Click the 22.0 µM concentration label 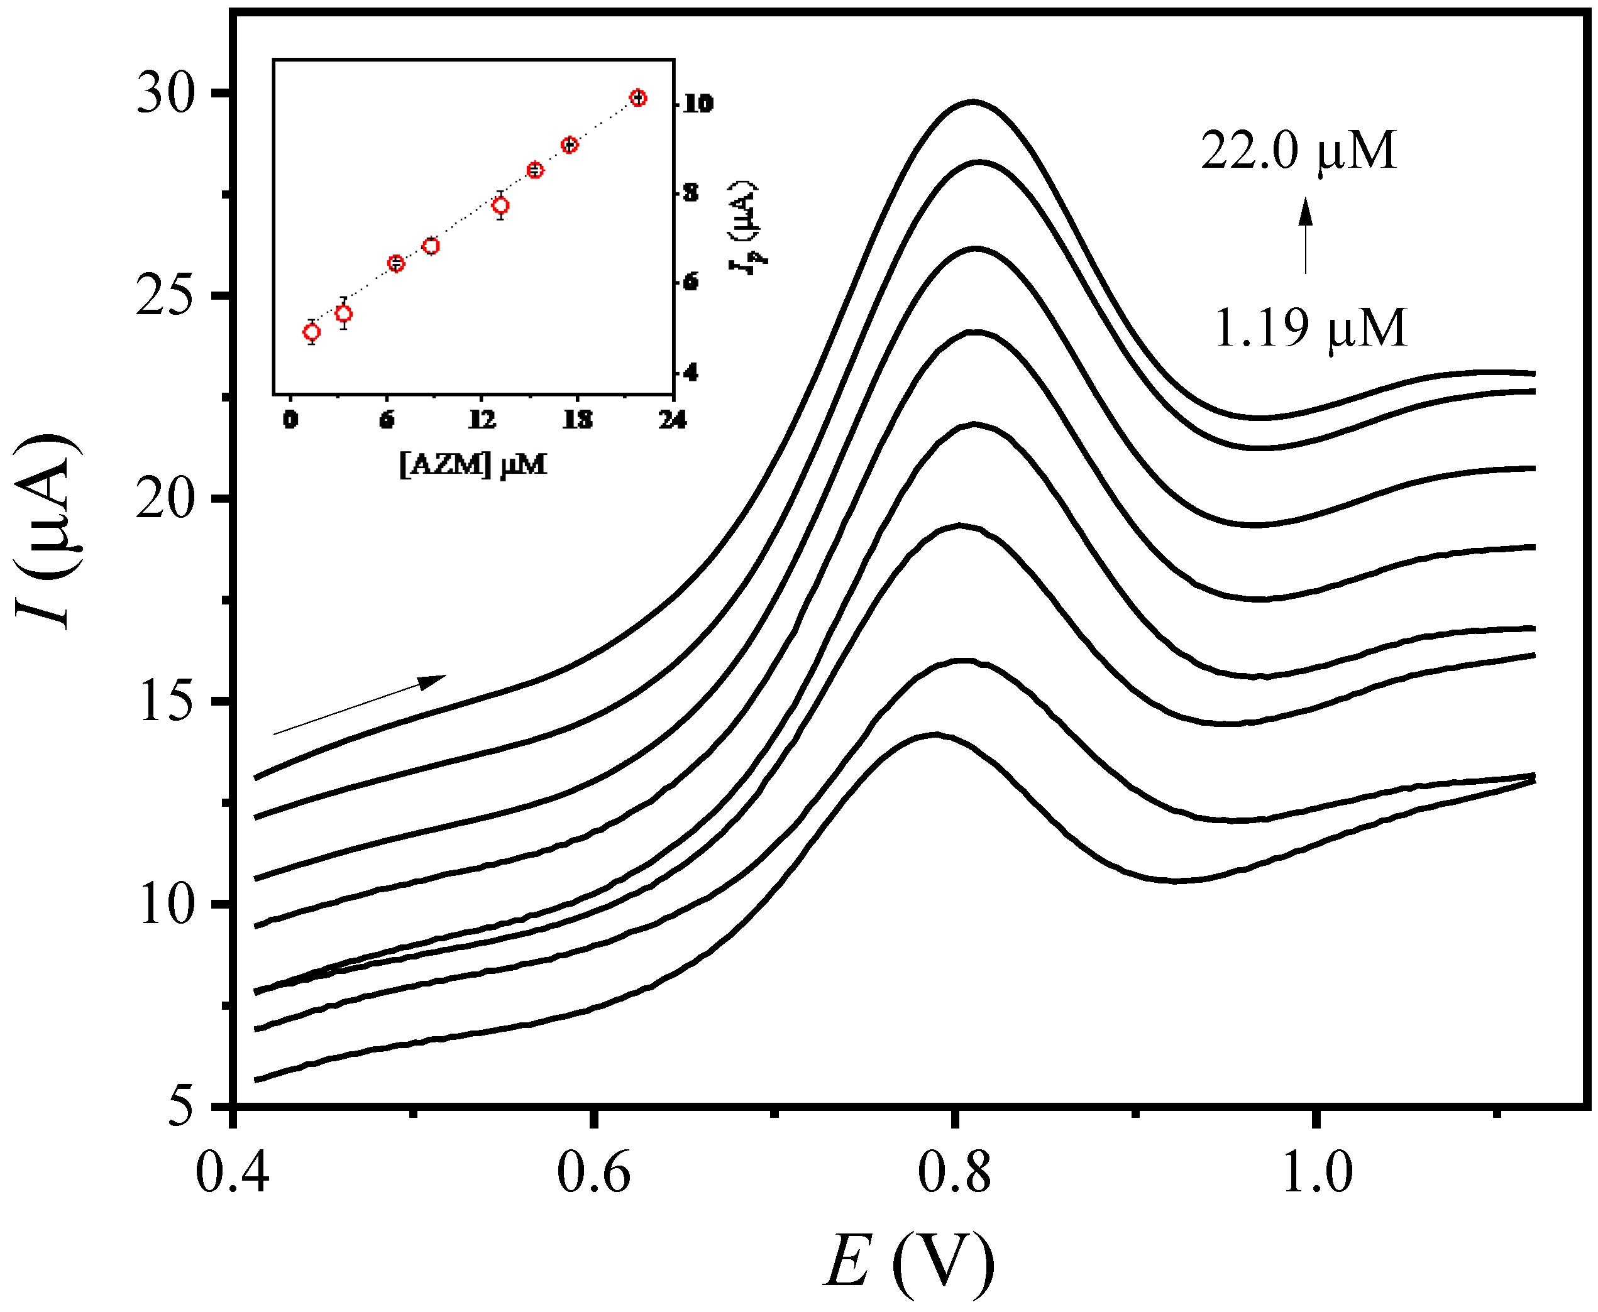pyautogui.click(x=1298, y=151)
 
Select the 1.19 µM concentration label pyautogui.click(x=1310, y=329)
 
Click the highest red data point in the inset pyautogui.click(x=638, y=97)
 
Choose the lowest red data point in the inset pyautogui.click(x=311, y=332)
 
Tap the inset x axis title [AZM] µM pyautogui.click(x=473, y=464)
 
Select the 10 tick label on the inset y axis pyautogui.click(x=698, y=104)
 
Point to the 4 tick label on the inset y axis pyautogui.click(x=691, y=373)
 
